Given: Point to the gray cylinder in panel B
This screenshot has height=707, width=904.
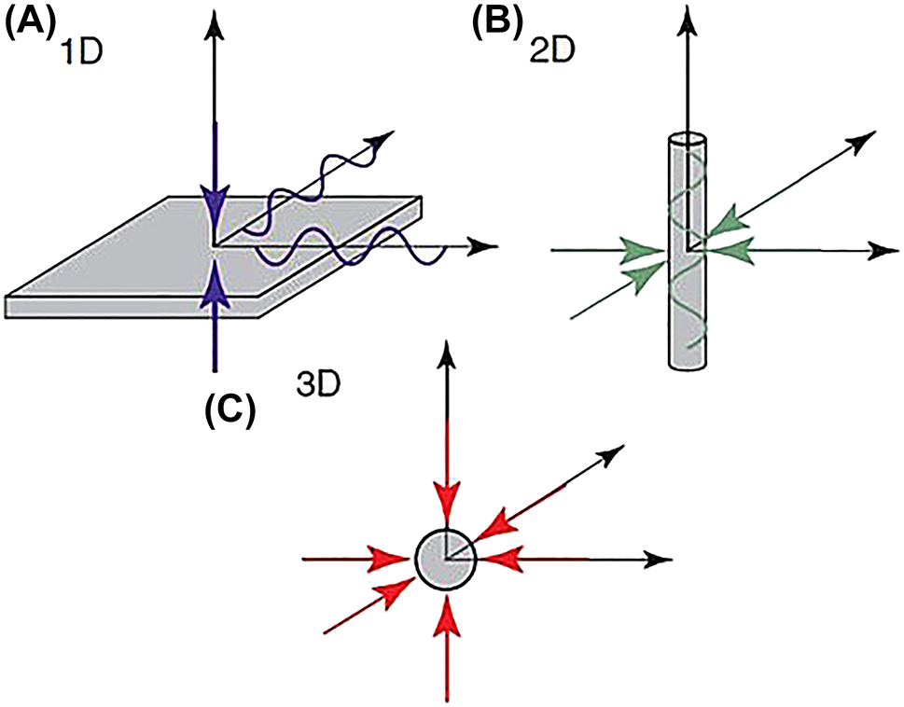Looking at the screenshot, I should click(x=688, y=308).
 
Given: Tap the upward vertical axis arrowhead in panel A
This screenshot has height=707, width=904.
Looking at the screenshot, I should click(x=216, y=18).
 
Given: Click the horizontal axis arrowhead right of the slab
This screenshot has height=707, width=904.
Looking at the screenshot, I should click(x=481, y=247).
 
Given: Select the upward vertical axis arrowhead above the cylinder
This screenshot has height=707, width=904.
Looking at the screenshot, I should click(x=688, y=18).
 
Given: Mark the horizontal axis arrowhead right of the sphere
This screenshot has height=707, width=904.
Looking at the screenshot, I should click(x=661, y=559).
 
